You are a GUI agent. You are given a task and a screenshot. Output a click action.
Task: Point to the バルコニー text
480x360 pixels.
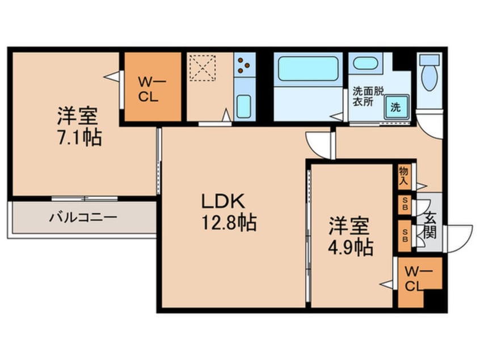82,217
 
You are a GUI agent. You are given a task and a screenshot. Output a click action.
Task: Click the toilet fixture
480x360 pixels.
430,74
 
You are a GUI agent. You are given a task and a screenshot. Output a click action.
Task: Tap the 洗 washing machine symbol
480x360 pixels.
394,106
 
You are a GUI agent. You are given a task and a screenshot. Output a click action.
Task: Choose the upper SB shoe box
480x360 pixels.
405,204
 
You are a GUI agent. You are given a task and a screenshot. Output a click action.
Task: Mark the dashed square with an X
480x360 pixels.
203,68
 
